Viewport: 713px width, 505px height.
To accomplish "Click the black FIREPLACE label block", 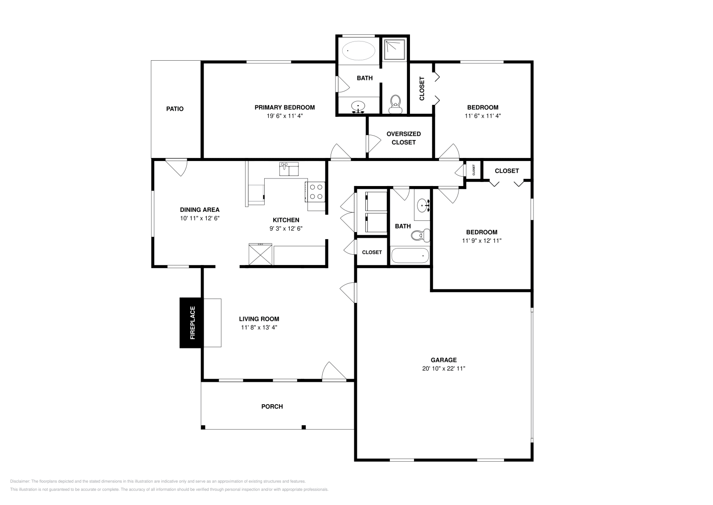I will point(191,323).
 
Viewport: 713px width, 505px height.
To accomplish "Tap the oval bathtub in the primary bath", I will point(358,51).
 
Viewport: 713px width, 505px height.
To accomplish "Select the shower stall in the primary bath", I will point(395,50).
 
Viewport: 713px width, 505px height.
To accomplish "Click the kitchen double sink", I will point(289,170).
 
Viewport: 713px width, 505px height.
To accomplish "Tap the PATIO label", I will point(175,109).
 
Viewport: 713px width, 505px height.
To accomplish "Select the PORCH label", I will point(272,406).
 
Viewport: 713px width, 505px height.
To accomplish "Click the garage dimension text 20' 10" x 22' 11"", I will point(443,368).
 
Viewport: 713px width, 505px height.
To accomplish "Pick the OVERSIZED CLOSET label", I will point(403,138).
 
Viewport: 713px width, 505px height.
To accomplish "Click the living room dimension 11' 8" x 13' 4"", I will point(259,327).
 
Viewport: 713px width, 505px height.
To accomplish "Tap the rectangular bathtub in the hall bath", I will point(410,256).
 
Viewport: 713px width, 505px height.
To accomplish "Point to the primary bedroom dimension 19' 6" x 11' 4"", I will point(284,116).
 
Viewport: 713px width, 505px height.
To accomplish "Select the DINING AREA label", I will point(200,210).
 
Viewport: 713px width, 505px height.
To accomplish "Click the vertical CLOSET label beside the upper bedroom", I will point(422,89).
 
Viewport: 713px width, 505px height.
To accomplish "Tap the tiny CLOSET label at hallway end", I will point(474,170).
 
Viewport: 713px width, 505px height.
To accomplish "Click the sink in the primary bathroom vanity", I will point(358,106).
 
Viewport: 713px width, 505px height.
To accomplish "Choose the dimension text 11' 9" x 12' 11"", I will point(482,240).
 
